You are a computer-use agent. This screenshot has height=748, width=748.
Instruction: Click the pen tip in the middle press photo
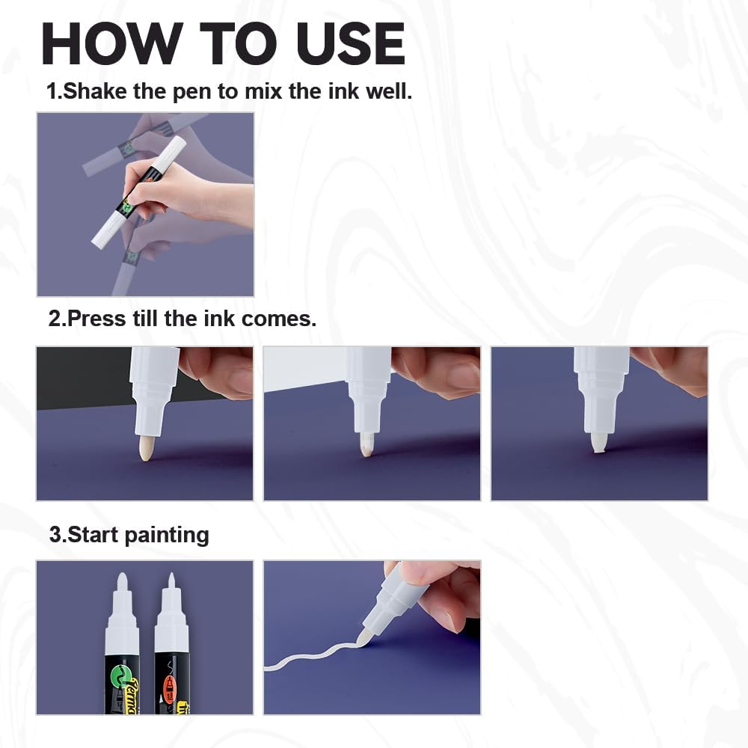tap(367, 444)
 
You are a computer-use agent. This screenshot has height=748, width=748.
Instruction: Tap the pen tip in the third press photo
tap(598, 441)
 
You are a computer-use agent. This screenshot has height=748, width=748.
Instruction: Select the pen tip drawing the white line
tap(364, 637)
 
